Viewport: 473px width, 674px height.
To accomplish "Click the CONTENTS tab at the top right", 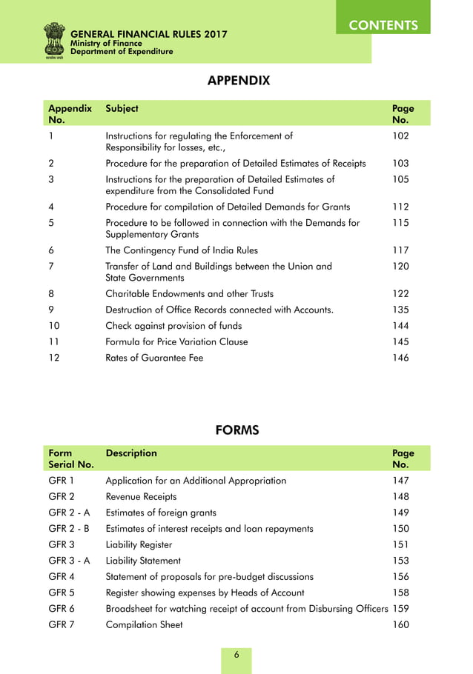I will (x=383, y=24).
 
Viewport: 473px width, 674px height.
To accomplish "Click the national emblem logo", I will (x=54, y=40).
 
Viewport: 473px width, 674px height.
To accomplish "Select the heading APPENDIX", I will (x=237, y=80).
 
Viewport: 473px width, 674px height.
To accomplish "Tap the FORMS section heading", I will (x=237, y=430).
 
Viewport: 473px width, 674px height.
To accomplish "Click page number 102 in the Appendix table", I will (x=400, y=136).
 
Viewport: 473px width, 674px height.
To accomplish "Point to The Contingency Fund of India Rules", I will (x=182, y=250).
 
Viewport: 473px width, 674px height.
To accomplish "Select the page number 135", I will (x=400, y=310).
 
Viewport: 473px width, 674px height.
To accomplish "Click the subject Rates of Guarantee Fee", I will (x=154, y=358).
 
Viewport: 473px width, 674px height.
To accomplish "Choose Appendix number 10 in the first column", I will (x=54, y=326).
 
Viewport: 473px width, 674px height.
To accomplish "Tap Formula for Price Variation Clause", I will (x=176, y=341).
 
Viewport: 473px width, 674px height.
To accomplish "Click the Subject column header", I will (x=122, y=108).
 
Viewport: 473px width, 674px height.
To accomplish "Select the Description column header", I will (x=131, y=453).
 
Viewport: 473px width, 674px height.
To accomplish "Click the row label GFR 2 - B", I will (x=69, y=528).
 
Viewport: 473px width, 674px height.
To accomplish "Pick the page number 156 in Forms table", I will (x=400, y=576).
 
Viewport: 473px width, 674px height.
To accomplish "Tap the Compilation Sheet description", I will (x=144, y=624).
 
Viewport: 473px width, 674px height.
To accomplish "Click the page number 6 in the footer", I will (x=236, y=655).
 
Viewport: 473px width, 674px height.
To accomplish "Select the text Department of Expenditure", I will (x=122, y=52).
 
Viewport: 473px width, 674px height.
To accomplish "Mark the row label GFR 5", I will (x=60, y=593).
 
